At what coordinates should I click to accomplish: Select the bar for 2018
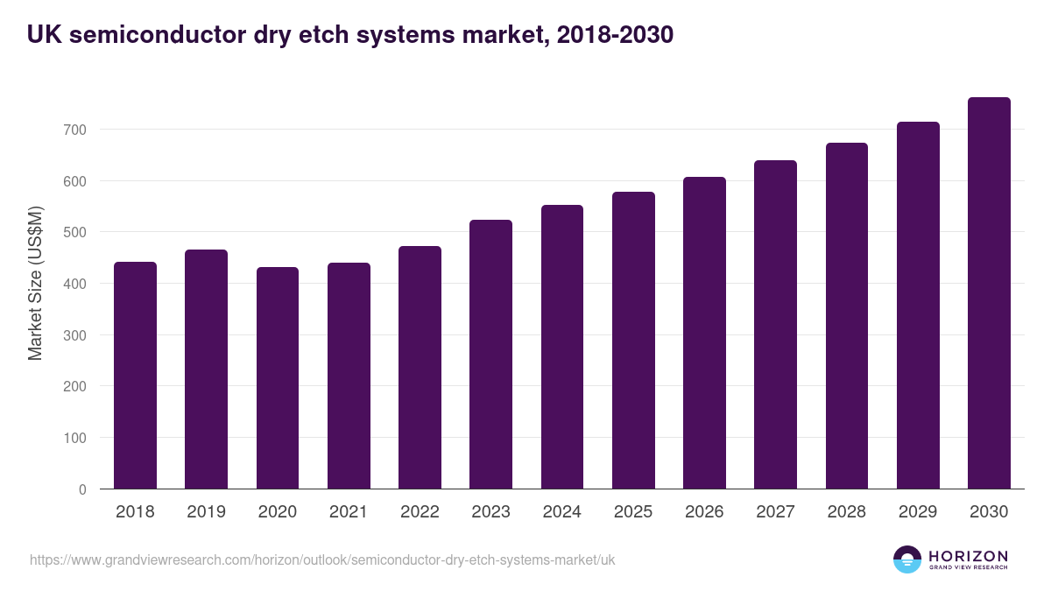135,376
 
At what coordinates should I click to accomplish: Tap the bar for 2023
490,355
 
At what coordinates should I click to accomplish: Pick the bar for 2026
704,333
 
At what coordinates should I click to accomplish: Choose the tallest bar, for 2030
989,293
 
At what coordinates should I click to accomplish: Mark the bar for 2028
847,316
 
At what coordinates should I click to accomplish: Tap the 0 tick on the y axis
82,489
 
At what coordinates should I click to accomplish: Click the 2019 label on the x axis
206,512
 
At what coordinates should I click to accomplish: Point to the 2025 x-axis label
633,512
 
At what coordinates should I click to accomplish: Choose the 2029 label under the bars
918,512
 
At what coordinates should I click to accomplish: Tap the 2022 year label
420,512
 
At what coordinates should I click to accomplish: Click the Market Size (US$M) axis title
35,283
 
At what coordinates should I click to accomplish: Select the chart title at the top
350,34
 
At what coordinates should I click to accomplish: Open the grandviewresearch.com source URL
322,559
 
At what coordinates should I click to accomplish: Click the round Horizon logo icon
907,559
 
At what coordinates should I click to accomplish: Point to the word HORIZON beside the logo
969,556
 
